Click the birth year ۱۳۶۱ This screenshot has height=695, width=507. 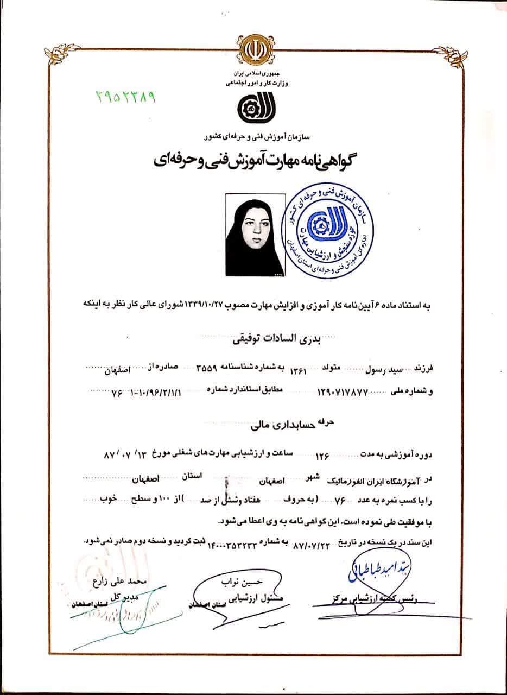click(299, 370)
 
